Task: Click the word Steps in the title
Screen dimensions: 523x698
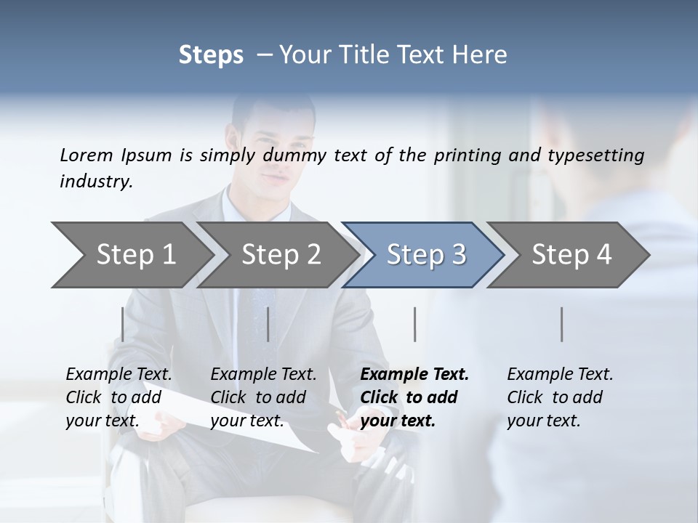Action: [211, 54]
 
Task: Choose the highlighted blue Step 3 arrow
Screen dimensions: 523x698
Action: [426, 254]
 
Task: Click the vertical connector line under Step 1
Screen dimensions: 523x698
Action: [123, 324]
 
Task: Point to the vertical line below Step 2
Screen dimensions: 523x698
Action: [268, 324]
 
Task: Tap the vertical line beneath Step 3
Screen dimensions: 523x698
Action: [415, 324]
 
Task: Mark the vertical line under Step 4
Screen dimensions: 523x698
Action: [562, 324]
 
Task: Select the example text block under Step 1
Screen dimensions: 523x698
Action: [119, 397]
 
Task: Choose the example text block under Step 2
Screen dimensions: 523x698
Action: [263, 397]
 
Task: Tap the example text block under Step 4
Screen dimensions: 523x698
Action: [560, 397]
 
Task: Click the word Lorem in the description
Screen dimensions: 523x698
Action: [87, 155]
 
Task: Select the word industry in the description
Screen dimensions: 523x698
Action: [96, 182]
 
